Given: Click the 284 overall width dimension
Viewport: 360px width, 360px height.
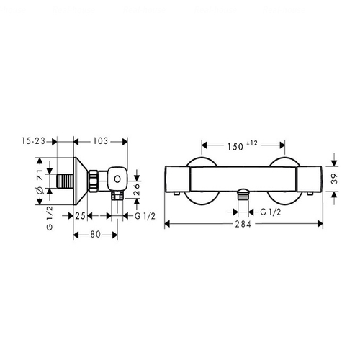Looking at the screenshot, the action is click(243, 224).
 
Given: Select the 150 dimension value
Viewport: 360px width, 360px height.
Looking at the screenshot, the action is click(235, 147).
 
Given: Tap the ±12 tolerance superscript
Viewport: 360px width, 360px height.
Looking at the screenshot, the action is click(251, 143).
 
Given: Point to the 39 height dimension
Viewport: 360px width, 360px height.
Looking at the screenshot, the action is click(334, 179).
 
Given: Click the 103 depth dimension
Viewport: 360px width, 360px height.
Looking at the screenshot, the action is click(101, 141).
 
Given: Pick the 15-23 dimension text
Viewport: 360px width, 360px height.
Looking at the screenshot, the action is click(34, 141).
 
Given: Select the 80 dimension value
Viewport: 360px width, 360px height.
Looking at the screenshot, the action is click(96, 235).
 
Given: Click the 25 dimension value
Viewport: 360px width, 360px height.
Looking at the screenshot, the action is click(81, 216).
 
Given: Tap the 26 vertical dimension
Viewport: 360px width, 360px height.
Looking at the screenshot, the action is click(136, 189).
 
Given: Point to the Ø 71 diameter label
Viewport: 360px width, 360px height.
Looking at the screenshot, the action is click(40, 181).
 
